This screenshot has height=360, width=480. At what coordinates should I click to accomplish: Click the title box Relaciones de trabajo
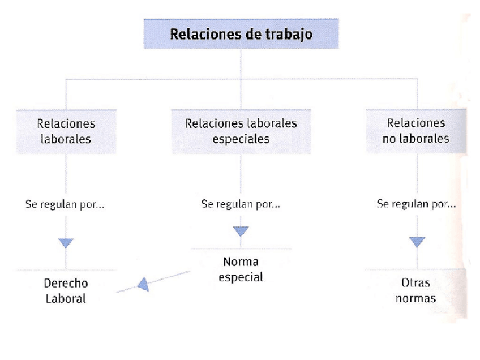point(241,34)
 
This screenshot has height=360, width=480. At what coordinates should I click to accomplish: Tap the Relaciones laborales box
point(66,131)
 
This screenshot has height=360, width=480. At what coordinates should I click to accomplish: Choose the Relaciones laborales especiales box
point(241,131)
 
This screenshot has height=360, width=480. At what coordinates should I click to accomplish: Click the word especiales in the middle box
point(241,139)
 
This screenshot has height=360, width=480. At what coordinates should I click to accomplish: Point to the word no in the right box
point(389,138)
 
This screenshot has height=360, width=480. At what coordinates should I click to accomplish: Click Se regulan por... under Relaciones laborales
point(66,204)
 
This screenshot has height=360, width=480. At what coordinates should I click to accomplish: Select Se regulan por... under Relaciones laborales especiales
point(241,204)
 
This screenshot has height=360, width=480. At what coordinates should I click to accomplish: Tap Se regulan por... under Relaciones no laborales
point(417,204)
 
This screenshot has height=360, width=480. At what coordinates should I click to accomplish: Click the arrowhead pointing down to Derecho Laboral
point(66,243)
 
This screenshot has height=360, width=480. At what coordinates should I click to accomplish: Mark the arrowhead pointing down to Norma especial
point(241,232)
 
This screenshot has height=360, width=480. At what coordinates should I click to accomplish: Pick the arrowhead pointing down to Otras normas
point(417,242)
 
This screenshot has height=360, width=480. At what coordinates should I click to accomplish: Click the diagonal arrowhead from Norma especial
point(143,284)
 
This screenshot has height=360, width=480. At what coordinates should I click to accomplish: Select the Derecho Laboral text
point(66,290)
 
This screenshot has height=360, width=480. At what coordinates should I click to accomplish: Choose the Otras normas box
point(416,290)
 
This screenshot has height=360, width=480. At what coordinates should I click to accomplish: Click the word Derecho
point(66,283)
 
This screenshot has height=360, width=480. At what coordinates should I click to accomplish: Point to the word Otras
point(416,282)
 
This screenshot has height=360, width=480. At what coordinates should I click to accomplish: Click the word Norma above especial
point(241,262)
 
